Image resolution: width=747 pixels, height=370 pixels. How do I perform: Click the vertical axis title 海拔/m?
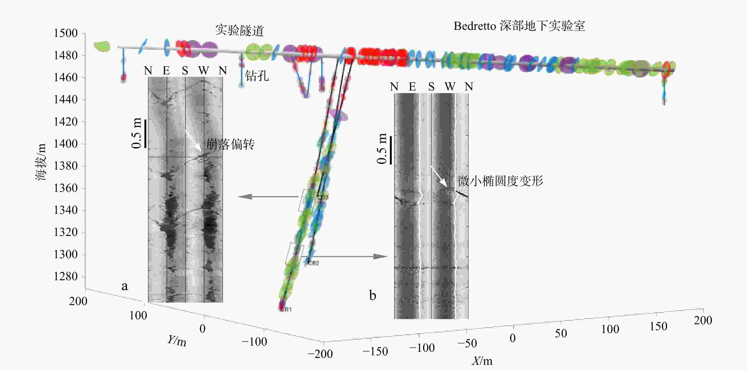[x=41, y=162]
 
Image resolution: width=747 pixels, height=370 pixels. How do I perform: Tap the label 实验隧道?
[x=239, y=30]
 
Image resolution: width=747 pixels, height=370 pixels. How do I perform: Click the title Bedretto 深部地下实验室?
[x=519, y=26]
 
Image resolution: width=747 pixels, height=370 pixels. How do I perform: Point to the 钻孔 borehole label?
[x=257, y=76]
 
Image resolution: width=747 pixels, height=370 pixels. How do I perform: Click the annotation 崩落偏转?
[x=230, y=144]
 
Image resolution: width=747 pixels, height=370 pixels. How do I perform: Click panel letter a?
[x=124, y=286]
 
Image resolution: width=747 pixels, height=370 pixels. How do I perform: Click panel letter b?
[x=373, y=296]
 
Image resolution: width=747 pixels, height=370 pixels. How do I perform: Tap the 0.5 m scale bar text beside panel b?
[x=382, y=149]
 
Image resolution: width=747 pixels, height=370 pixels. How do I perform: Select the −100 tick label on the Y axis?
[x=254, y=342]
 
